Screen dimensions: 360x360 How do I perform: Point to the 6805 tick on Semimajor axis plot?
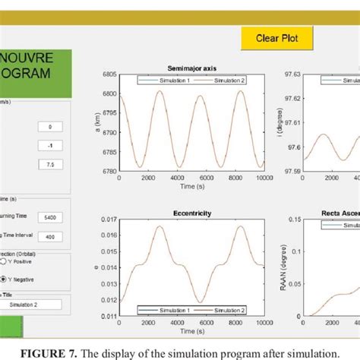108,74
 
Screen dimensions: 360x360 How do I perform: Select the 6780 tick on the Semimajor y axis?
108,169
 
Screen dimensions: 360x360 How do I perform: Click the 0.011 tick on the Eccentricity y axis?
108,316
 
